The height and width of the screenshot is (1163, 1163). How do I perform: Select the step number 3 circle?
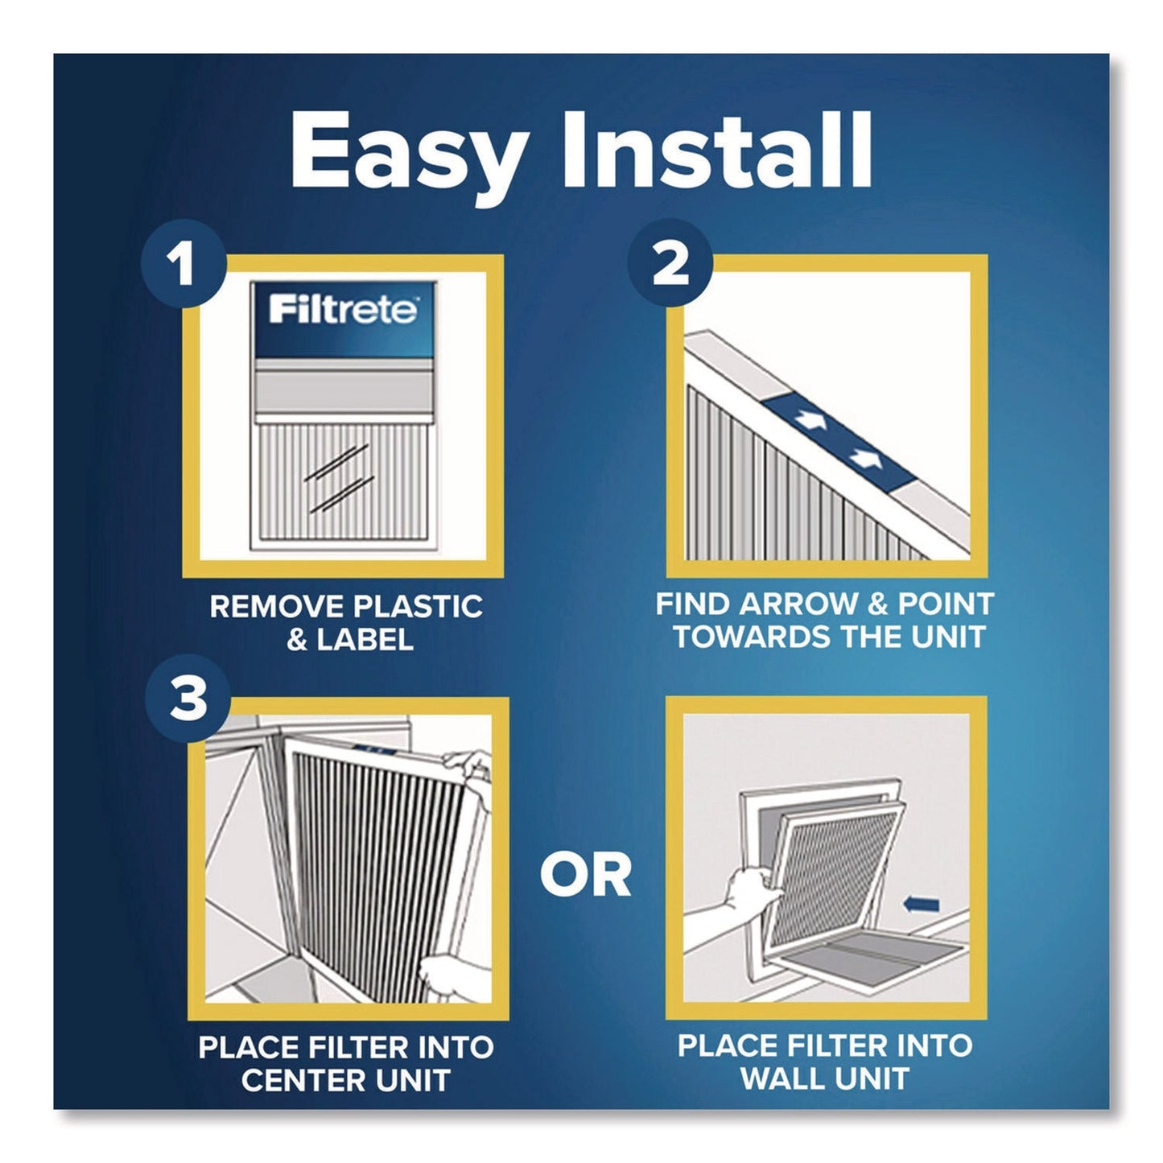pyautogui.click(x=188, y=699)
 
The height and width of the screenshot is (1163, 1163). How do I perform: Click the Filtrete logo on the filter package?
pyautogui.click(x=344, y=309)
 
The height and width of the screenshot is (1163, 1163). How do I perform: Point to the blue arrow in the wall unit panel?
pyautogui.click(x=921, y=905)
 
